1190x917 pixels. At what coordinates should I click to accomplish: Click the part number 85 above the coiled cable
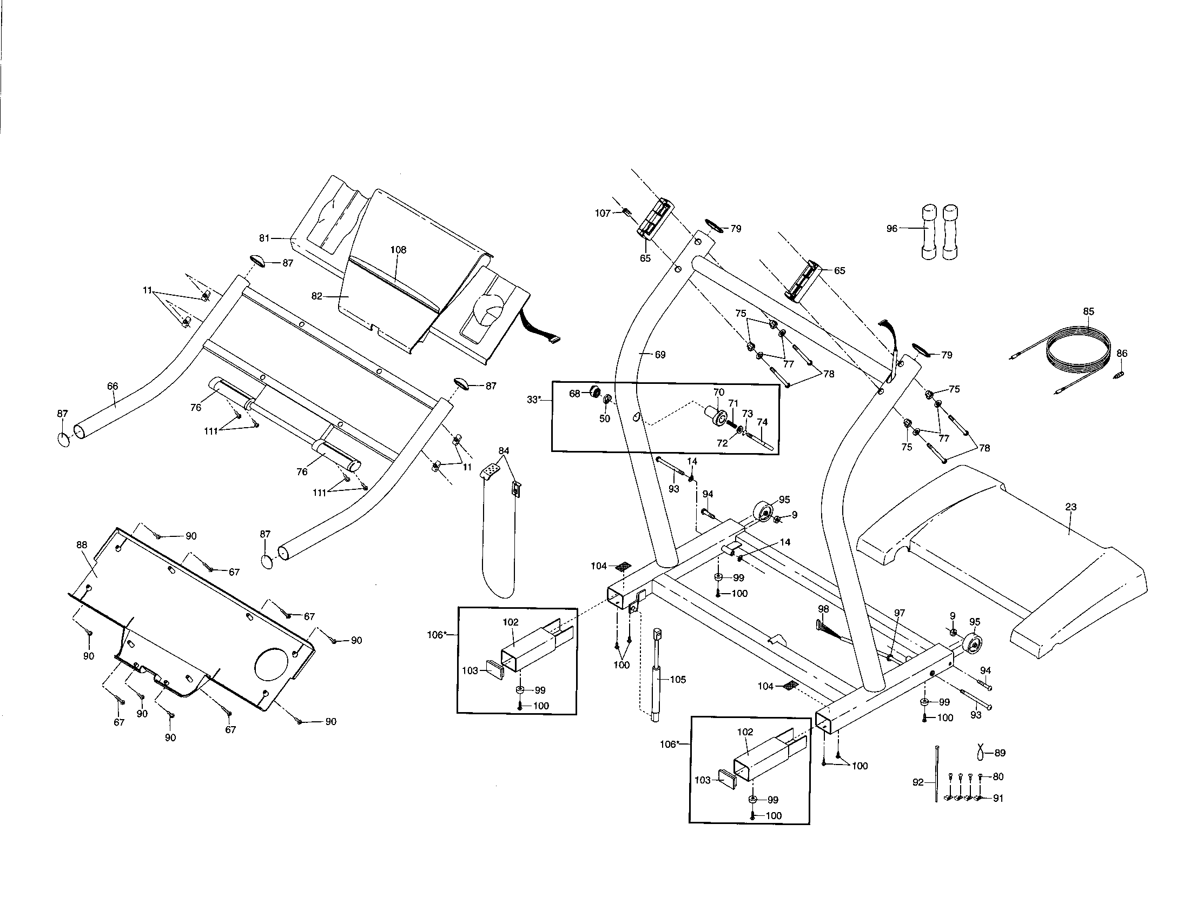pyautogui.click(x=1088, y=312)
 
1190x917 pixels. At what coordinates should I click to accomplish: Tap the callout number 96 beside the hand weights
pyautogui.click(x=891, y=229)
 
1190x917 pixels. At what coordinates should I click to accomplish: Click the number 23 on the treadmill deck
pyautogui.click(x=1070, y=507)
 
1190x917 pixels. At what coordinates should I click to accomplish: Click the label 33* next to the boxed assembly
pyautogui.click(x=534, y=400)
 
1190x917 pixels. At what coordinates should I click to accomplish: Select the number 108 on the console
pyautogui.click(x=398, y=250)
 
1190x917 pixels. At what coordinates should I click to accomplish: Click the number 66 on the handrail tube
pyautogui.click(x=113, y=387)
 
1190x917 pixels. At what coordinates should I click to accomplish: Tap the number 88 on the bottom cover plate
pyautogui.click(x=82, y=544)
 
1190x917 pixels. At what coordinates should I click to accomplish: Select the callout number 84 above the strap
pyautogui.click(x=504, y=451)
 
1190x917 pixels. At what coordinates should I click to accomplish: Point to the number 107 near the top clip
pyautogui.click(x=602, y=214)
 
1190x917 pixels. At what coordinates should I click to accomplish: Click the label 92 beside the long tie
pyautogui.click(x=918, y=782)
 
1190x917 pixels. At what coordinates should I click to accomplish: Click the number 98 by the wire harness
pyautogui.click(x=823, y=609)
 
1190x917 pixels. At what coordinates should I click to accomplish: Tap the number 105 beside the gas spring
pyautogui.click(x=678, y=680)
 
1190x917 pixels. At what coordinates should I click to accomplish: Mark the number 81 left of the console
pyautogui.click(x=265, y=238)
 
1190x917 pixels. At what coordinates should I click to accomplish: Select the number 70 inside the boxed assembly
pyautogui.click(x=719, y=392)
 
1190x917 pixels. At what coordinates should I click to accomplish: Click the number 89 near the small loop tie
pyautogui.click(x=1000, y=753)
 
